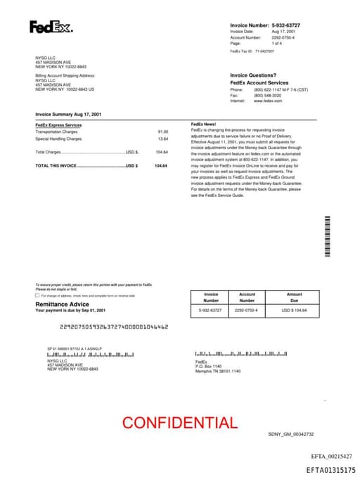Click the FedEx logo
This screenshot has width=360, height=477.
51,27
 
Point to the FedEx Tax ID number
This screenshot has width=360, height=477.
264,51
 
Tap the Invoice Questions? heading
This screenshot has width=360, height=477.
253,75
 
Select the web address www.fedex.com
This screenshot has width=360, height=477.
268,101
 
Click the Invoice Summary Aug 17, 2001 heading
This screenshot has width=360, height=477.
68,113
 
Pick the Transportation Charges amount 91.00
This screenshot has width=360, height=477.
162,132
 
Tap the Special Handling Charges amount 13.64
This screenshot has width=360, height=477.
162,139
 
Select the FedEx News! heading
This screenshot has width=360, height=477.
204,125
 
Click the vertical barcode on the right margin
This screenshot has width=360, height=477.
327,236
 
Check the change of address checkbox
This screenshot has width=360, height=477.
37,295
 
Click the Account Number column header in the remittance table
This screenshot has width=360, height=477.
247,298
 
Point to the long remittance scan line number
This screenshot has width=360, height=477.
114,326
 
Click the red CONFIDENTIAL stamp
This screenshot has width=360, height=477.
179,423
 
